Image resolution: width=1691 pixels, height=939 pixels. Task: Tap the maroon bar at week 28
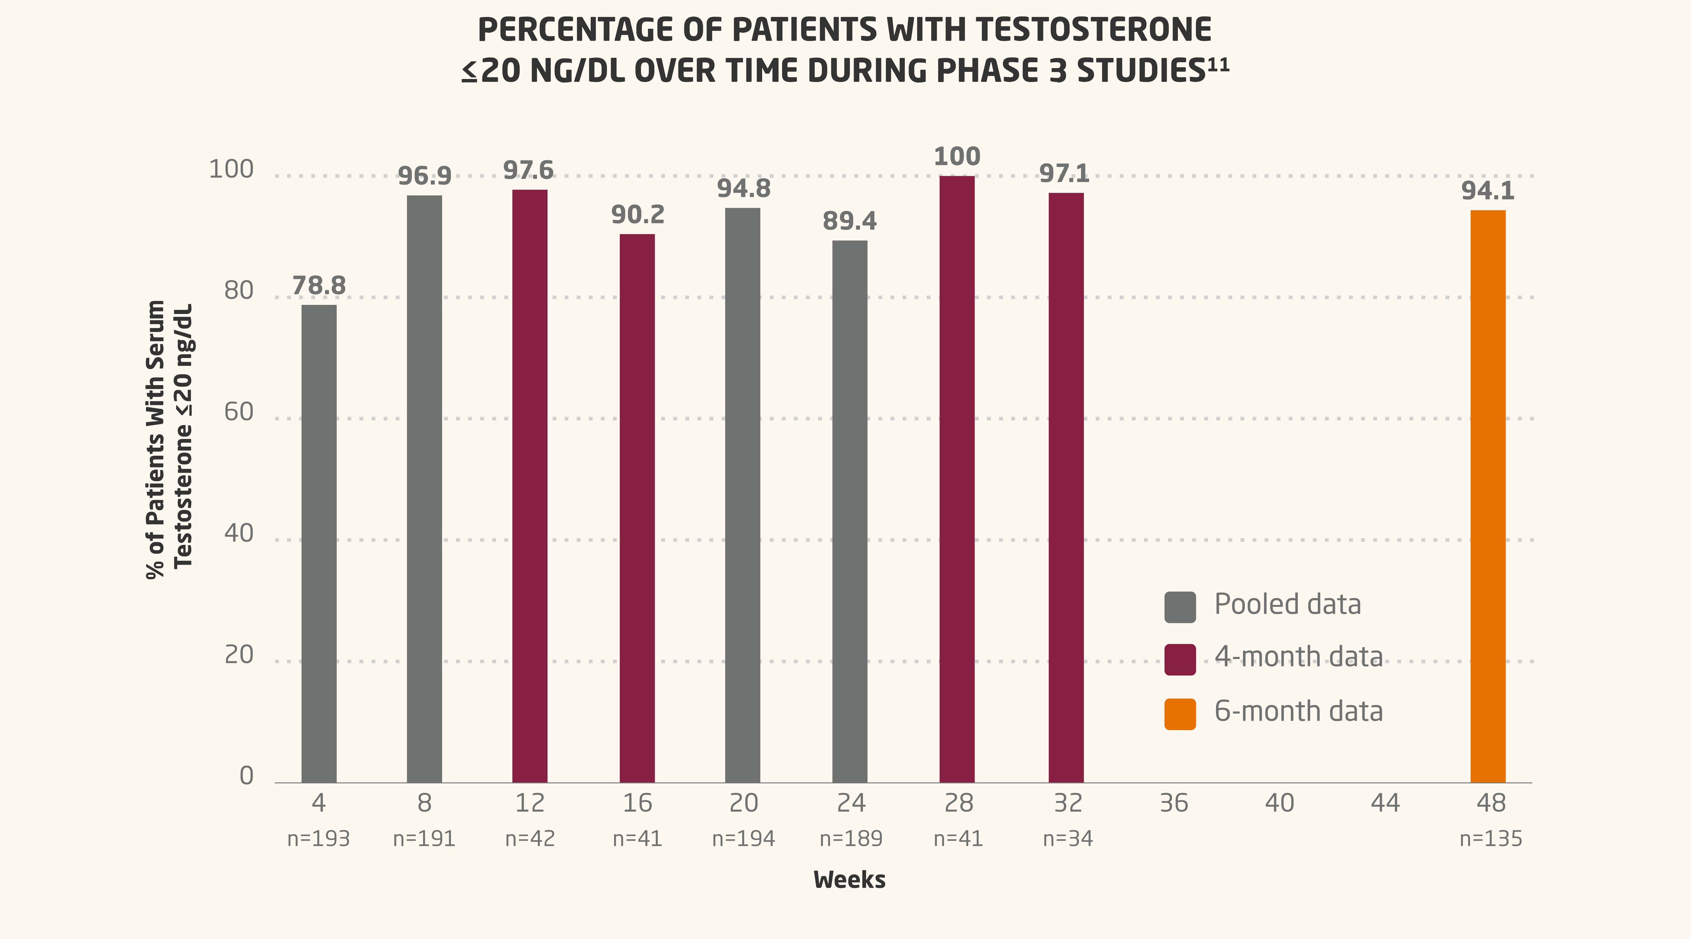point(957,479)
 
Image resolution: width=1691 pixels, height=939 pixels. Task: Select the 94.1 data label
point(1488,191)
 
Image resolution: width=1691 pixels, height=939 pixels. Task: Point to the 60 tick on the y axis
point(239,412)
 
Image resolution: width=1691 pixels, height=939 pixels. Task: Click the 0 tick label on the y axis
point(246,776)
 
